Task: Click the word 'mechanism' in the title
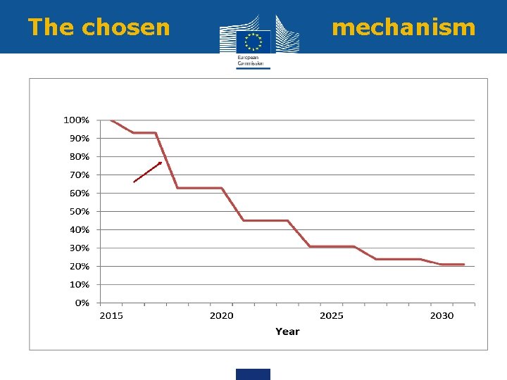pyautogui.click(x=403, y=27)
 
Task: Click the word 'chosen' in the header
pyautogui.click(x=125, y=27)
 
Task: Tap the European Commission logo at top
pyautogui.click(x=253, y=41)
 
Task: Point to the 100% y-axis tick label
pyautogui.click(x=77, y=120)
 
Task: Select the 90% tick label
pyautogui.click(x=79, y=138)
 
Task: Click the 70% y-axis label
pyautogui.click(x=79, y=175)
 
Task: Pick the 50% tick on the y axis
pyautogui.click(x=79, y=211)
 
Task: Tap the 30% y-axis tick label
pyautogui.click(x=79, y=248)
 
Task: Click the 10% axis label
pyautogui.click(x=79, y=284)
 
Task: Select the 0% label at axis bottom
pyautogui.click(x=82, y=303)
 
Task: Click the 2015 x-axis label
pyautogui.click(x=111, y=315)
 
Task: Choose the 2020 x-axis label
pyautogui.click(x=221, y=315)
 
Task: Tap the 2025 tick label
pyautogui.click(x=332, y=315)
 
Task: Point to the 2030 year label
pyautogui.click(x=442, y=315)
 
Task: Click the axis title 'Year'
pyautogui.click(x=287, y=331)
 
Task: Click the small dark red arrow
pyautogui.click(x=148, y=172)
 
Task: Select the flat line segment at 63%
pyautogui.click(x=199, y=188)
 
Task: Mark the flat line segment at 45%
pyautogui.click(x=265, y=220)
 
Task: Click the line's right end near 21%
pyautogui.click(x=463, y=265)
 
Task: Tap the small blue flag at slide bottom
pyautogui.click(x=253, y=374)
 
